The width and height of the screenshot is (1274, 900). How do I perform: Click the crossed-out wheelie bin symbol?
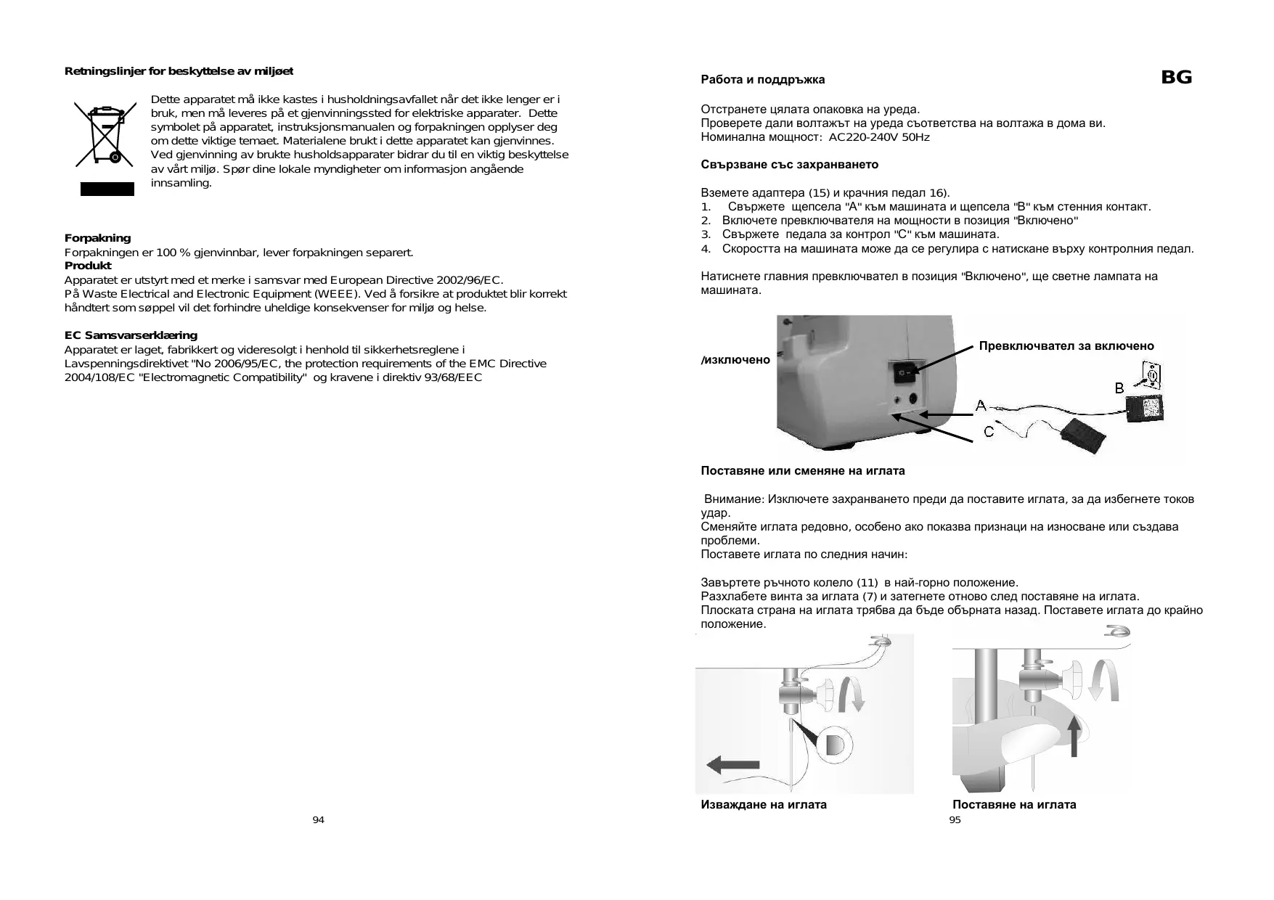[x=106, y=134]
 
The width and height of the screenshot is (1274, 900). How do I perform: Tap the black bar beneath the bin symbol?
[x=107, y=189]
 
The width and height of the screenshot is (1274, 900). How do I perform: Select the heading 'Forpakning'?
[x=98, y=238]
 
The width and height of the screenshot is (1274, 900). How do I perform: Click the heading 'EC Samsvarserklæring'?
[x=131, y=335]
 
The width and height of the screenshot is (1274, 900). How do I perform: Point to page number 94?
[x=318, y=820]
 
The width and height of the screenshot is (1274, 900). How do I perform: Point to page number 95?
[x=955, y=820]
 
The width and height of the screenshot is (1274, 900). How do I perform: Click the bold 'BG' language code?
[x=1176, y=78]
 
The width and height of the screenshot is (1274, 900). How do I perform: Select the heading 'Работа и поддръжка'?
[x=762, y=80]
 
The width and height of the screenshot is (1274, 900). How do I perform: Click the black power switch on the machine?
[x=904, y=375]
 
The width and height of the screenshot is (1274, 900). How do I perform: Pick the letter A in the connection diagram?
[x=981, y=405]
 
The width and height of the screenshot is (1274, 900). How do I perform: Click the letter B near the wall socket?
[x=1119, y=388]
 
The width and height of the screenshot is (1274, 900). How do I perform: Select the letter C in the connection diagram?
[x=989, y=432]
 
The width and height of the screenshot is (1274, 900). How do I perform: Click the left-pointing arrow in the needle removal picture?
[x=732, y=764]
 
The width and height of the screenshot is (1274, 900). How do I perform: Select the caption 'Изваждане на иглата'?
[x=764, y=804]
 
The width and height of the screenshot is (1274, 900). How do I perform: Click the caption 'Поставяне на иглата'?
[x=1014, y=804]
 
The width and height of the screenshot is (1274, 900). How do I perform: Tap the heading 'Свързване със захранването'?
[x=789, y=165]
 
